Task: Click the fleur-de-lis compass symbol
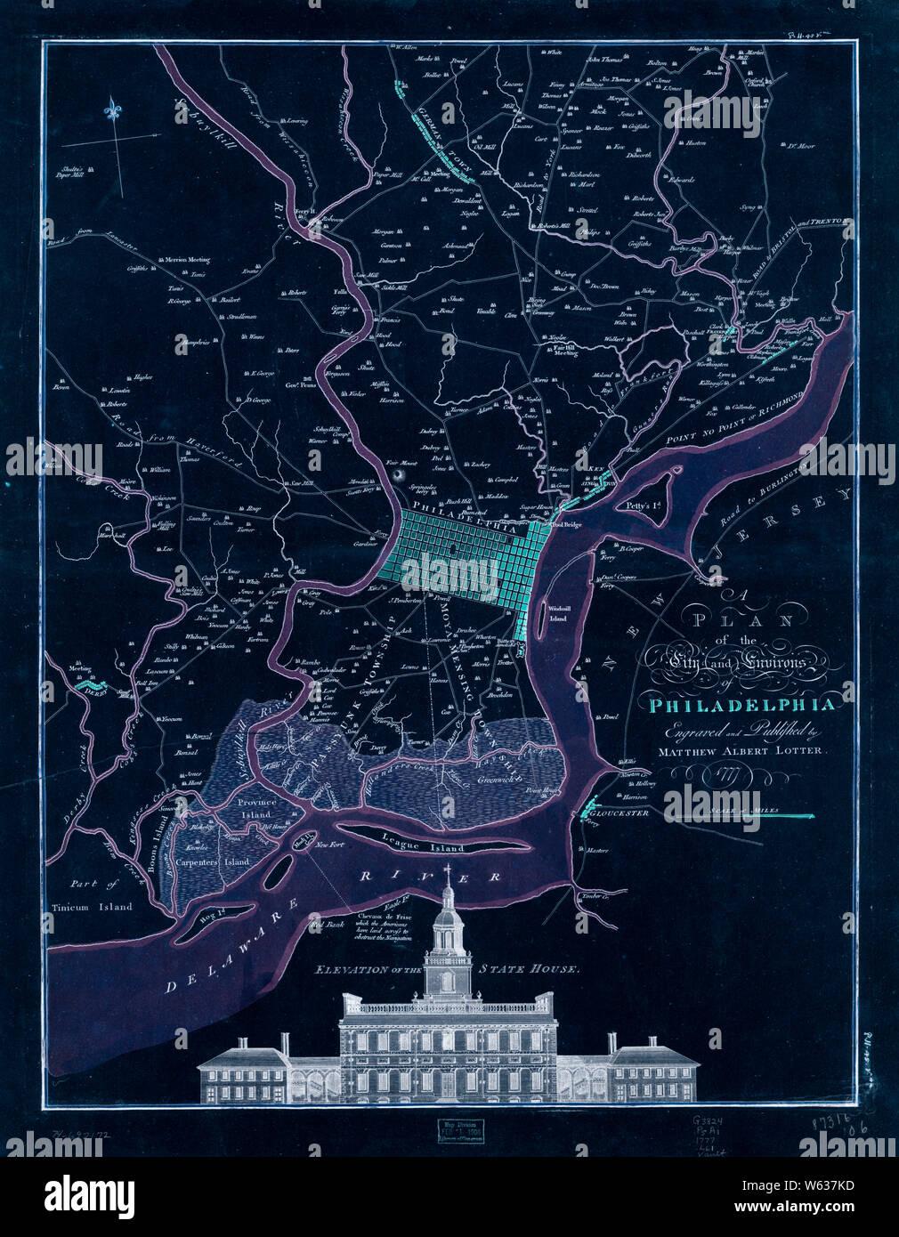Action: [x=112, y=110]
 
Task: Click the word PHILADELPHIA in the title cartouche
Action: [x=743, y=706]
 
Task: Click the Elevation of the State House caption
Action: [x=448, y=969]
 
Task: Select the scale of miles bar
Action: [x=783, y=815]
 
